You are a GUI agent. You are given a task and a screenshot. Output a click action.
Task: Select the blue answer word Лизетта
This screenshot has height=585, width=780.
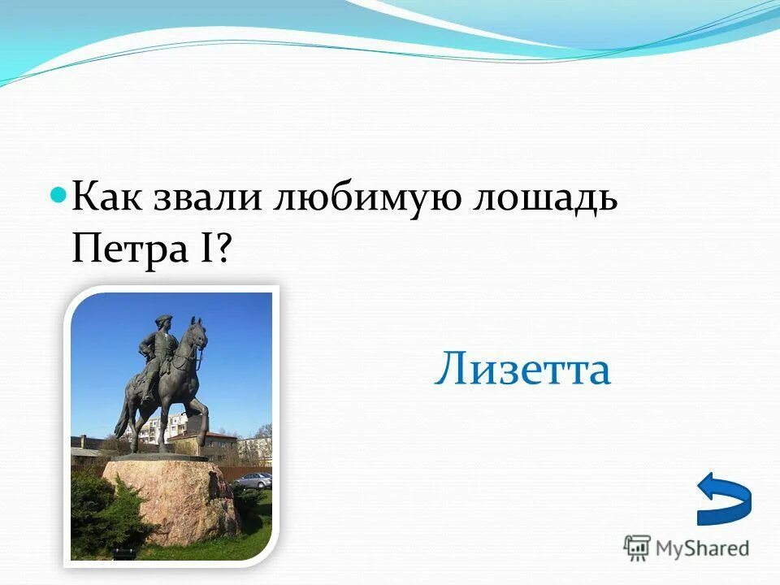coord(522,370)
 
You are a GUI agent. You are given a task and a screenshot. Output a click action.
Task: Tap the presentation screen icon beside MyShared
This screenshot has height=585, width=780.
coord(637,548)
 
